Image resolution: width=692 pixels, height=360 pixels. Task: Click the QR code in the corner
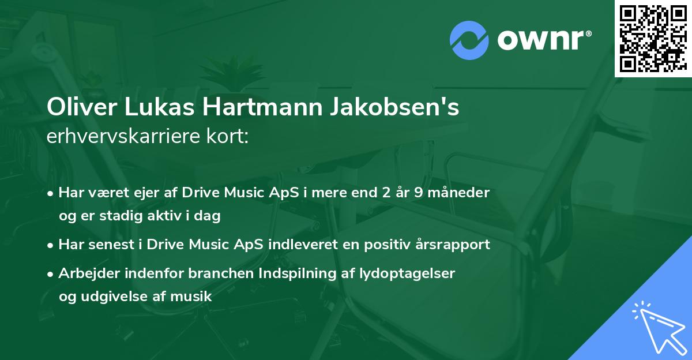click(653, 38)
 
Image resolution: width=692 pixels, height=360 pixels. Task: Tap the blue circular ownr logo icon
click(469, 40)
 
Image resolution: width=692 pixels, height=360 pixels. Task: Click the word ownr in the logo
click(543, 40)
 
